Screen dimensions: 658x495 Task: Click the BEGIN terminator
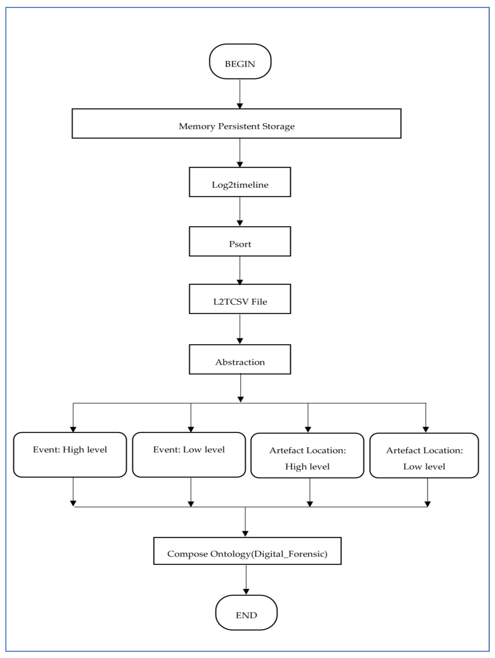point(240,62)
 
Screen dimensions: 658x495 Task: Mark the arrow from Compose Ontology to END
point(246,579)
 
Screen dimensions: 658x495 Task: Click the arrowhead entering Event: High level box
point(73,429)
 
